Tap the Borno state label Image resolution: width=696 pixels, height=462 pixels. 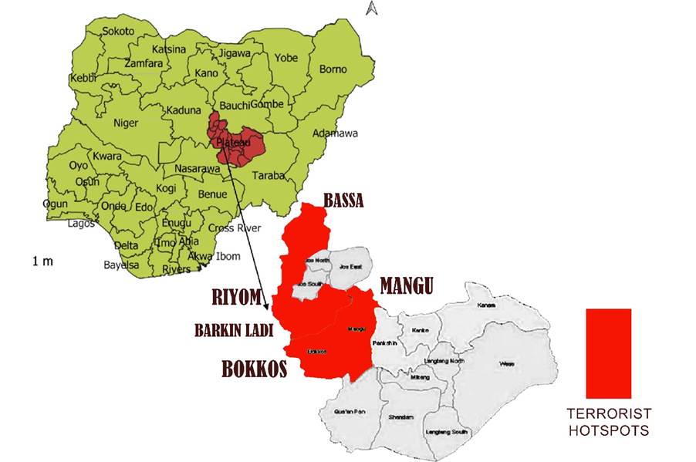[333, 69]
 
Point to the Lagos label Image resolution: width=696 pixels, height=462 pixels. [80, 224]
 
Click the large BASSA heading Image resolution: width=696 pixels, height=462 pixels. [343, 201]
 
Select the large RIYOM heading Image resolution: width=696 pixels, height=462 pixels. [236, 297]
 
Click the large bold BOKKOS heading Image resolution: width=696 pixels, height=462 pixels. [255, 369]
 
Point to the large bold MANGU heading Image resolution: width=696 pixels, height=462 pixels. [406, 287]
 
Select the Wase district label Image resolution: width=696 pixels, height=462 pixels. [506, 363]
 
